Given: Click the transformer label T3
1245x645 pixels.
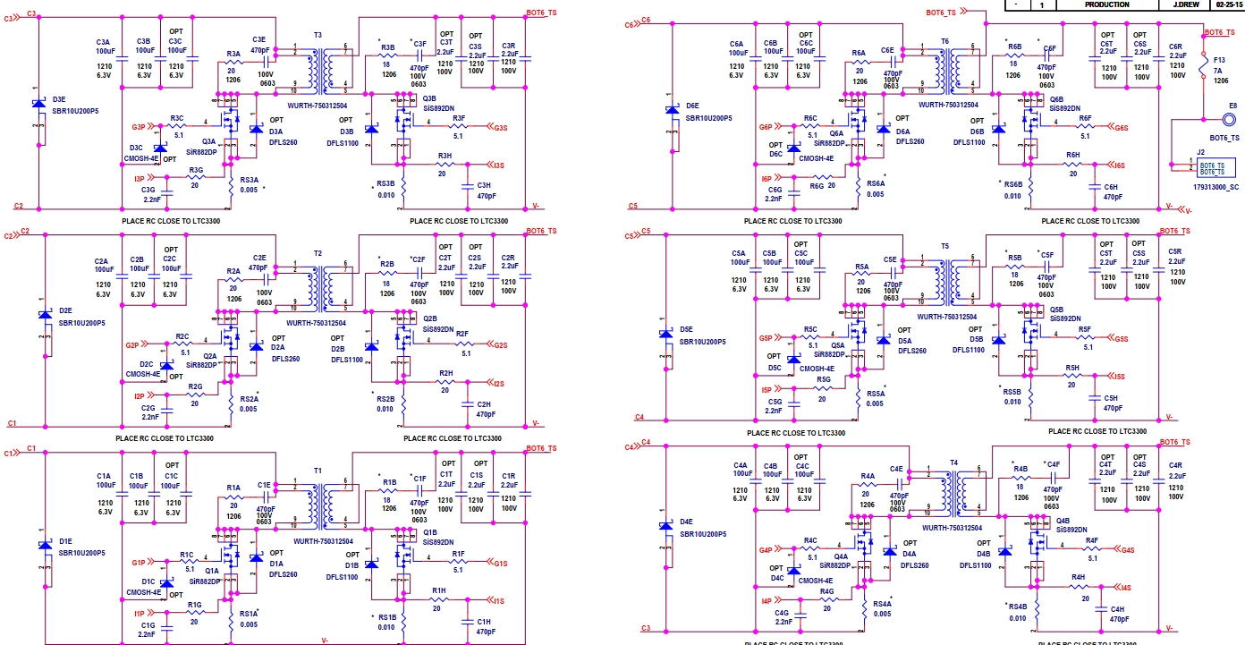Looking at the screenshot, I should (318, 34).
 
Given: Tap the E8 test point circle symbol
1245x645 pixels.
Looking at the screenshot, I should (1232, 119).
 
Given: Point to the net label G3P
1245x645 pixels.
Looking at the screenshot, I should (138, 127).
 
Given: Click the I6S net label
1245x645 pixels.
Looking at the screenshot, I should (1120, 165).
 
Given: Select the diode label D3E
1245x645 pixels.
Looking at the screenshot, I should (59, 99).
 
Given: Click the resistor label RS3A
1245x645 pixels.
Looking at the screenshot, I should (250, 180).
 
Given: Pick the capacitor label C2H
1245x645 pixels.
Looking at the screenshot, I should (484, 403).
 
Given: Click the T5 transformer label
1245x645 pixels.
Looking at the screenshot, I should (944, 246).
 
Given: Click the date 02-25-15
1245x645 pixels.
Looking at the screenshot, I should (1228, 4).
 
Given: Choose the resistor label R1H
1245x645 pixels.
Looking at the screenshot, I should (438, 590).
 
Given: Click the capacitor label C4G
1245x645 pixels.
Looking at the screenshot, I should (781, 612).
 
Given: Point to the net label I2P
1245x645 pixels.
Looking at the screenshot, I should (139, 396).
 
